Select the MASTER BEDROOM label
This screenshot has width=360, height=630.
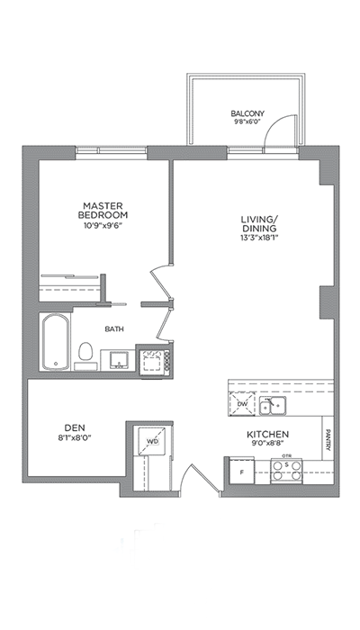pyautogui.click(x=103, y=210)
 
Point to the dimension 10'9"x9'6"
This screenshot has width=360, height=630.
pyautogui.click(x=103, y=225)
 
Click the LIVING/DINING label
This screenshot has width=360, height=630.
pyautogui.click(x=259, y=223)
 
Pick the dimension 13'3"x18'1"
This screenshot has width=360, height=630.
pyautogui.click(x=259, y=237)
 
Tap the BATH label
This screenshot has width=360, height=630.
pyautogui.click(x=114, y=329)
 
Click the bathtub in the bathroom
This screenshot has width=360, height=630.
pyautogui.click(x=56, y=342)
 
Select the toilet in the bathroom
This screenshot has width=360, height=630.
pyautogui.click(x=85, y=354)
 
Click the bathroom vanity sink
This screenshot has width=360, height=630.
pyautogui.click(x=119, y=360)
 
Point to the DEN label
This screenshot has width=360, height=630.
pyautogui.click(x=75, y=427)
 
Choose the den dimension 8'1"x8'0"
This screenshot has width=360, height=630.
pyautogui.click(x=75, y=437)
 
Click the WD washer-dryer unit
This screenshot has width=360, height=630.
pyautogui.click(x=152, y=442)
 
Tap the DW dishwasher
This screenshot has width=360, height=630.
pyautogui.click(x=242, y=404)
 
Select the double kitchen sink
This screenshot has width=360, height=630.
pyautogui.click(x=273, y=406)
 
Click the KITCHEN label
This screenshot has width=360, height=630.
pyautogui.click(x=267, y=435)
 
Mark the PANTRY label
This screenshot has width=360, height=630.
pyautogui.click(x=328, y=439)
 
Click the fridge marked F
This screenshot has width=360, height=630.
pyautogui.click(x=242, y=472)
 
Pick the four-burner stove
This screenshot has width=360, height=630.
pyautogui.click(x=286, y=471)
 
